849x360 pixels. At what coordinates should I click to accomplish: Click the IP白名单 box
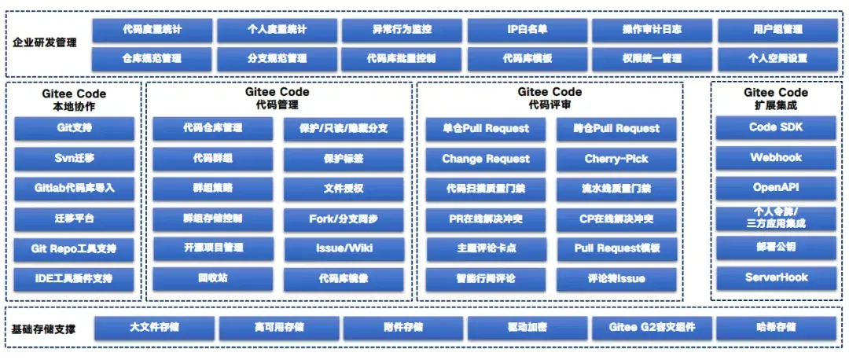527,30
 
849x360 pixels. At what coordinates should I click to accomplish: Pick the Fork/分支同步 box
344,219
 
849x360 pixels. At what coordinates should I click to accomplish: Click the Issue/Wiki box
344,248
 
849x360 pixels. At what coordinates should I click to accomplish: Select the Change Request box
485,159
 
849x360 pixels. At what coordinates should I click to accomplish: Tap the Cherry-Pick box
616,159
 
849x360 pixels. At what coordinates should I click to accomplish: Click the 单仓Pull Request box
485,129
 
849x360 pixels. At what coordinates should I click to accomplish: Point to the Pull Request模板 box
616,248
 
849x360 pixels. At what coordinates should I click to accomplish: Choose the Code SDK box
775,127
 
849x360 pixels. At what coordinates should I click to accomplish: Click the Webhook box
775,157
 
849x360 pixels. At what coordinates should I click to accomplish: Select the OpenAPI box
775,188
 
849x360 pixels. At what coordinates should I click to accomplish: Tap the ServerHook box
775,277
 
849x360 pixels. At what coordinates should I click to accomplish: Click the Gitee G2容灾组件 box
652,327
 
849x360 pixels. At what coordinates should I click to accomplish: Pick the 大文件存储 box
154,327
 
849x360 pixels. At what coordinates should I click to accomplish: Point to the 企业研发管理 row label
46,42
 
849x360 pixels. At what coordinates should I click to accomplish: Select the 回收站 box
212,278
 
